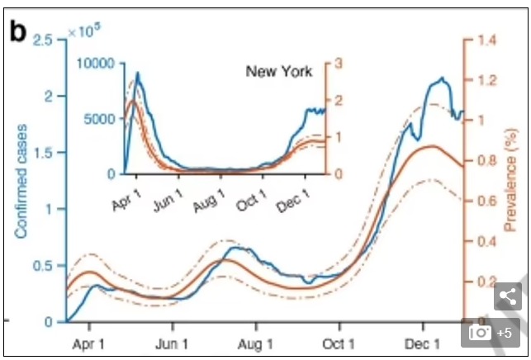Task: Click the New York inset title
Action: tap(278, 72)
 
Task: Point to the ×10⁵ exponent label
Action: tap(81, 31)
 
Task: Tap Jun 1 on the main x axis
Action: tap(173, 342)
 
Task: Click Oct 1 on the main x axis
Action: tap(339, 342)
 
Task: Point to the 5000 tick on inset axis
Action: tap(102, 119)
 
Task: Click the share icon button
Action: tap(508, 296)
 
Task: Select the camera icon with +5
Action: tap(491, 333)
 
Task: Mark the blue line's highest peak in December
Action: tap(443, 78)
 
